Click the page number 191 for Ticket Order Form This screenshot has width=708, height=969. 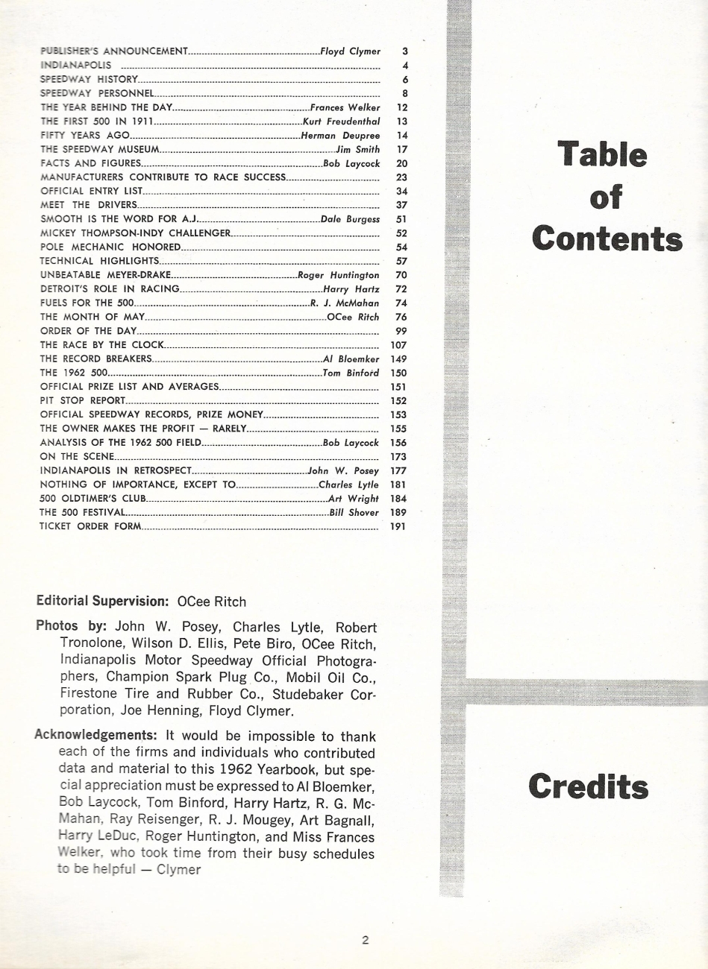coord(398,527)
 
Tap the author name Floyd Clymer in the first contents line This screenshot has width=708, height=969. coord(350,51)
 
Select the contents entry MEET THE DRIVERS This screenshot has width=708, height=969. coord(88,205)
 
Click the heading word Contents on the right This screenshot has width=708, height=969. coord(607,239)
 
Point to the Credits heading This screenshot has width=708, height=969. coord(589,787)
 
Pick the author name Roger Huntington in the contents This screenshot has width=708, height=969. coord(339,275)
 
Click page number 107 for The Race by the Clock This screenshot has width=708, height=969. coord(398,345)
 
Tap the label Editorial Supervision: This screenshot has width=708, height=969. coord(104,602)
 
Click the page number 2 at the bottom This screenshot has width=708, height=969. coord(365,941)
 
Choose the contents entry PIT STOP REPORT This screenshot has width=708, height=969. coord(82,400)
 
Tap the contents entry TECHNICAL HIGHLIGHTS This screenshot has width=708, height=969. coord(99,261)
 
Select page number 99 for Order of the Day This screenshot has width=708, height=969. coord(401,331)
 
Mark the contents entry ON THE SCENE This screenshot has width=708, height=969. coord(77,456)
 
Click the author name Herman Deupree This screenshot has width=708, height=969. coord(340,136)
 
